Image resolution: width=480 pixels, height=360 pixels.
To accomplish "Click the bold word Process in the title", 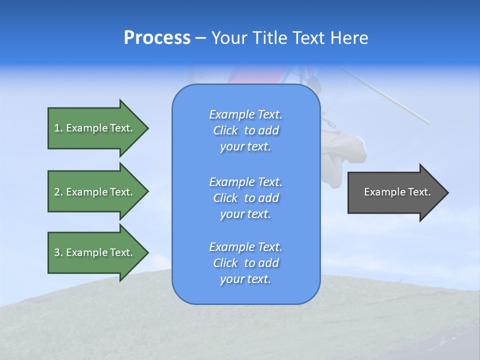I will (x=157, y=38).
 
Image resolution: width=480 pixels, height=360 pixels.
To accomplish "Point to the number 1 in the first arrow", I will (x=57, y=128).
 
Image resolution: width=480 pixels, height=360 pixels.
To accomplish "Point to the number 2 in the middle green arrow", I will (x=57, y=192).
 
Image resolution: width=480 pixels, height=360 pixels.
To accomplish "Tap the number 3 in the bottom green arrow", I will (x=57, y=252).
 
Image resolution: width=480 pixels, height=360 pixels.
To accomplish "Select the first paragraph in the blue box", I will (x=245, y=130).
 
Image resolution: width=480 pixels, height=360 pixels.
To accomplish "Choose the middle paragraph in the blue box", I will (x=245, y=197).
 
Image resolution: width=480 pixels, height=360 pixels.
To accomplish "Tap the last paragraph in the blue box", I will (x=245, y=263).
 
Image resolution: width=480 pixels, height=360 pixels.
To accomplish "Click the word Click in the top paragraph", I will (x=225, y=130).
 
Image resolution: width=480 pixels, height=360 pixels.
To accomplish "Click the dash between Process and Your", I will (x=200, y=38).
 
